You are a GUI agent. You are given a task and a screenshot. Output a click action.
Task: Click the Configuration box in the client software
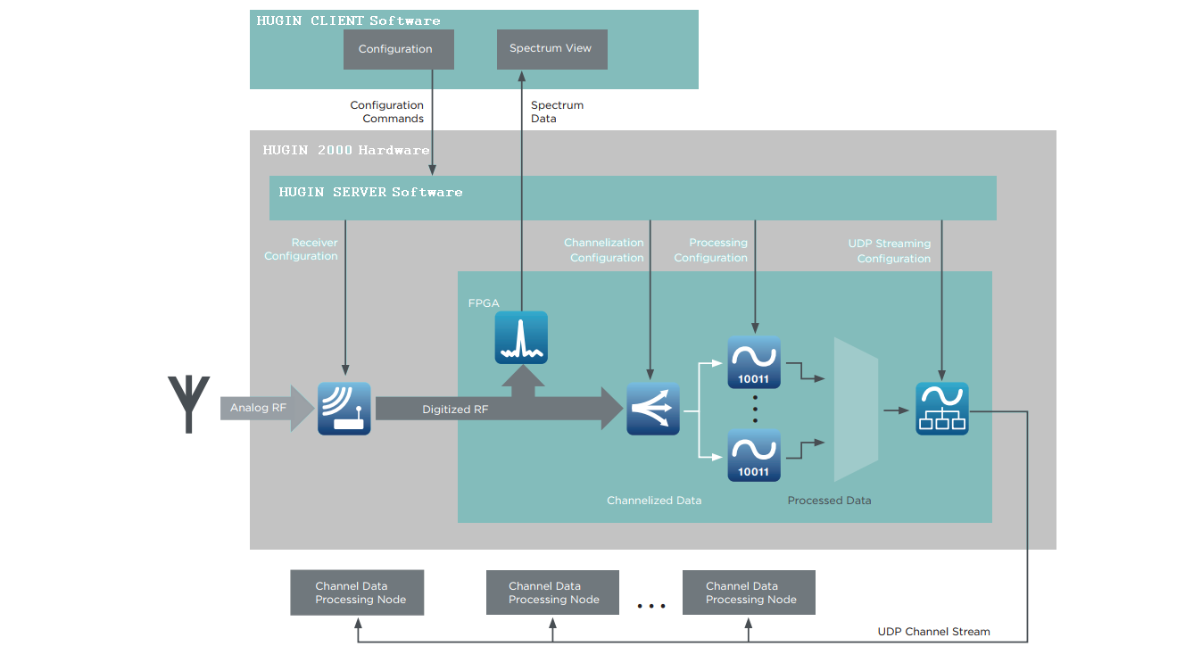(398, 50)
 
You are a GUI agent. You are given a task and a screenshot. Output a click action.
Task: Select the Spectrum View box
(551, 49)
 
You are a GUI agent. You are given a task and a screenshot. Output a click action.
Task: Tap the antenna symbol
(188, 404)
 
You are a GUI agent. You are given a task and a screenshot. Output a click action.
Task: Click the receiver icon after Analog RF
(344, 409)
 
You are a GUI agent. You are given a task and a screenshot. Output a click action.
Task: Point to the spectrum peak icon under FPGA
(521, 337)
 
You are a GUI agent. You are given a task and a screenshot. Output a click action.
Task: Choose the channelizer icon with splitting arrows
(653, 409)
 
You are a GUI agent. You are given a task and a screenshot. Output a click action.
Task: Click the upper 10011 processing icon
(754, 361)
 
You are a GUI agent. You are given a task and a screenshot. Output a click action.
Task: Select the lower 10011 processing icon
(754, 455)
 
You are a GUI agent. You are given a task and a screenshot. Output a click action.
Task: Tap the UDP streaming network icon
(941, 409)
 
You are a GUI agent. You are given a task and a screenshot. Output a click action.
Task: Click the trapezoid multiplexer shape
(856, 409)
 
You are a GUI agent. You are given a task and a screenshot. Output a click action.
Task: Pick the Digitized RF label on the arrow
(455, 410)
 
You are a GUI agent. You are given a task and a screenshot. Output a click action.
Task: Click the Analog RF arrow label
(258, 409)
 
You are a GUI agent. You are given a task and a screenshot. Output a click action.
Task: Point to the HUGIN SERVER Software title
(370, 192)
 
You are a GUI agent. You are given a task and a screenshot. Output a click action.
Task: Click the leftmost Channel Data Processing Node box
(357, 592)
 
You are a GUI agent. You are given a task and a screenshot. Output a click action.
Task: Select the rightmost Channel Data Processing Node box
(749, 592)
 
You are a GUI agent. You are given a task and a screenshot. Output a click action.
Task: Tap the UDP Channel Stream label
(933, 632)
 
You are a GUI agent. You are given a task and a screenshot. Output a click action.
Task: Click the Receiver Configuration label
(302, 249)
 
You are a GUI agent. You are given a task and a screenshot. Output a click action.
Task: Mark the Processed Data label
(829, 501)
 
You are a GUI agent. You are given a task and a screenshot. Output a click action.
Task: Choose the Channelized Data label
(654, 501)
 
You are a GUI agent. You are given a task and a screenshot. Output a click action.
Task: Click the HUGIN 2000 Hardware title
(345, 150)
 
